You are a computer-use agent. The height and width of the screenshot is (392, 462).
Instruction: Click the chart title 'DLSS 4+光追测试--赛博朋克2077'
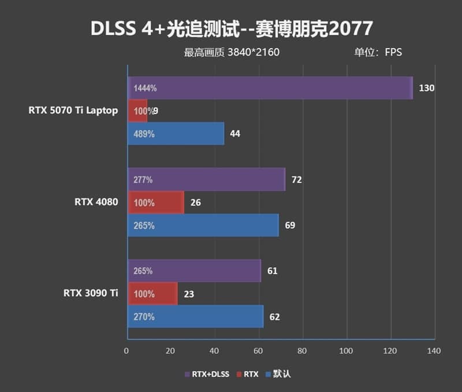click(232, 28)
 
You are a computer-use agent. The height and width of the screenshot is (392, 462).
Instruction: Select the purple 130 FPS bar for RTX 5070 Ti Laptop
click(270, 88)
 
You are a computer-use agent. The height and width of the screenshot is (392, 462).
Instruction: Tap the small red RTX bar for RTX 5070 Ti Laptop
click(137, 111)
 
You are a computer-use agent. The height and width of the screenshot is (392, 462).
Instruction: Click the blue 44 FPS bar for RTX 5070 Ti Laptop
click(176, 134)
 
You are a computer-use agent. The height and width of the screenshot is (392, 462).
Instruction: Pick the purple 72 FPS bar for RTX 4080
click(206, 180)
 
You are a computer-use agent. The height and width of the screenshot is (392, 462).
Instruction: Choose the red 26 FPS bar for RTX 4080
click(155, 203)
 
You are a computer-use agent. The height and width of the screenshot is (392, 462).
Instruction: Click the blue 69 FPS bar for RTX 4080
click(203, 225)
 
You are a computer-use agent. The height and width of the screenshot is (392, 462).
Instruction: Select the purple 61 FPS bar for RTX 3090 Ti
click(194, 271)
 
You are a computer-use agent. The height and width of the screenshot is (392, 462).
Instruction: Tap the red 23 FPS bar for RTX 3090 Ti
click(152, 294)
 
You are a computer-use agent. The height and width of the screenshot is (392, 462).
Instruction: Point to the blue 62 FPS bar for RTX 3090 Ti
click(195, 317)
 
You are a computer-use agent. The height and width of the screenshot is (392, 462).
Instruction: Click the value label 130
click(427, 88)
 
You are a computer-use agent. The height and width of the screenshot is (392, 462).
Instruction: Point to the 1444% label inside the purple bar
click(145, 88)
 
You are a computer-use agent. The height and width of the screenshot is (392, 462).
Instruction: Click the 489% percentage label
click(144, 134)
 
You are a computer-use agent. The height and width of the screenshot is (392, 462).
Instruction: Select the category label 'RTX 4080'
click(96, 202)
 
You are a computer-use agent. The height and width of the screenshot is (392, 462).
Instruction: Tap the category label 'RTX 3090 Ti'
click(91, 294)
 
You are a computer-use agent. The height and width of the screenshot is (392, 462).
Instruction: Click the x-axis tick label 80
click(302, 350)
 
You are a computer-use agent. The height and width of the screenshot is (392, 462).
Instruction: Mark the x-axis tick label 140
click(434, 350)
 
